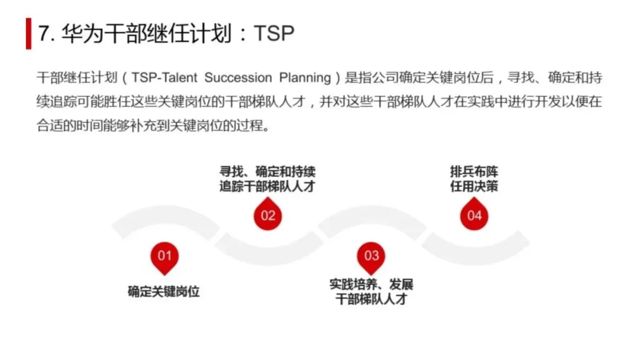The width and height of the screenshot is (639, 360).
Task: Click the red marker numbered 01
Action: point(164,256)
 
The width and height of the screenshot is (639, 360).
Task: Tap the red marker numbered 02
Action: point(268,215)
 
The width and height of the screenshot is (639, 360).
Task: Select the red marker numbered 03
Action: point(371,256)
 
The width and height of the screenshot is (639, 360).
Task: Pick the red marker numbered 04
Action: point(475,215)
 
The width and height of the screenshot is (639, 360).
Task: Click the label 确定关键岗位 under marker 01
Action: point(164,291)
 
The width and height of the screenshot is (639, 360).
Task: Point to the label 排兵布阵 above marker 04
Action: point(474,172)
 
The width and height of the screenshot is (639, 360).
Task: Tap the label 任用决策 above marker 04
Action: point(474,187)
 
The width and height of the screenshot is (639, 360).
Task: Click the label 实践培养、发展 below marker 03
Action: point(371,285)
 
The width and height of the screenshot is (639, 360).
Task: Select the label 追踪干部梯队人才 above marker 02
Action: point(267,187)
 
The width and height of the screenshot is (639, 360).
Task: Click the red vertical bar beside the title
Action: point(28,34)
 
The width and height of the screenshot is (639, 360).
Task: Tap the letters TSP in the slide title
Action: point(273,34)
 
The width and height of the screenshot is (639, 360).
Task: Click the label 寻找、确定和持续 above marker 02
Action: point(267,172)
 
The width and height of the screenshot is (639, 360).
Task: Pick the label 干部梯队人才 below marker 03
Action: point(371,299)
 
